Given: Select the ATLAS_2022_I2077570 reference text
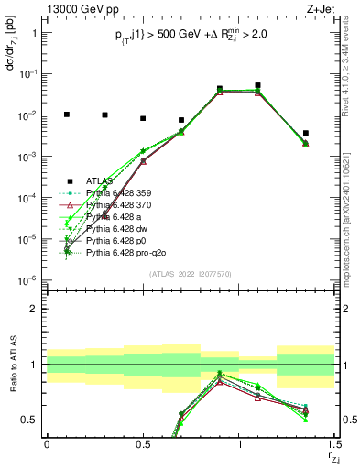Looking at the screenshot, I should tap(191, 272).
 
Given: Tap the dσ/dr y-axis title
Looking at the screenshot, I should tap(11, 50).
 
